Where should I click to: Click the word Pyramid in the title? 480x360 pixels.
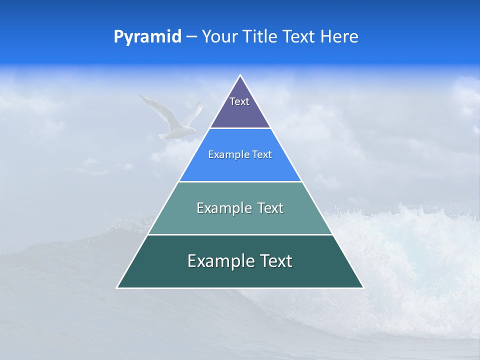tap(147, 37)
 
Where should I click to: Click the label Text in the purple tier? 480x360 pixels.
tap(239, 101)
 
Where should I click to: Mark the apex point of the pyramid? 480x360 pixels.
tap(240, 75)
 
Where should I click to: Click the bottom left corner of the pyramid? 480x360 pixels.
tap(117, 287)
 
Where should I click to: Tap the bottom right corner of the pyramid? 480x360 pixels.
tap(363, 287)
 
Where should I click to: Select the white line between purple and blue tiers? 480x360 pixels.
tap(240, 128)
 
